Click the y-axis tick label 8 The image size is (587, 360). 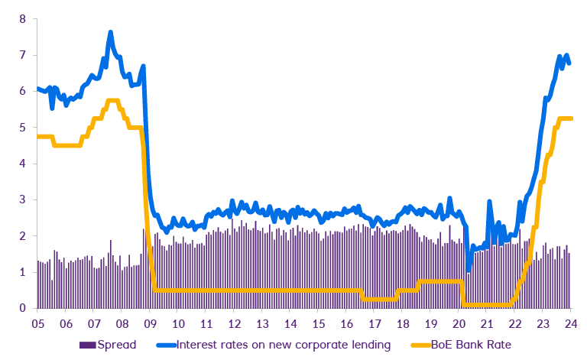23,19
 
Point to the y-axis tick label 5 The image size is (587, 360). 23,128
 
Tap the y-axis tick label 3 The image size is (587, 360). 23,199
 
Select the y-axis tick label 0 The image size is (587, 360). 23,308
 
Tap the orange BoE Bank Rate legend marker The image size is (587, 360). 413,345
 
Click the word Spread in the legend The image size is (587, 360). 117,345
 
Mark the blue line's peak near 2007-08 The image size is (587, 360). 110,34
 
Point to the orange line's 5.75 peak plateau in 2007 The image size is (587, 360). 112,100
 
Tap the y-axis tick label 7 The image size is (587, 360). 23,55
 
